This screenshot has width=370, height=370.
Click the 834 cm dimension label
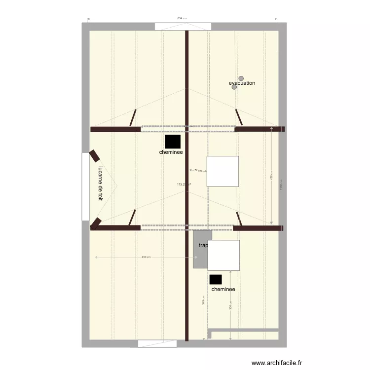tap(182, 18)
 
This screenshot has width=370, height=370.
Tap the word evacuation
tap(242, 83)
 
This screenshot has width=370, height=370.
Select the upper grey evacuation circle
tap(241, 78)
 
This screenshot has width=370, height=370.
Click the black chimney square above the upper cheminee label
tap(173, 142)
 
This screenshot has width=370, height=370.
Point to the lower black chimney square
tap(216, 279)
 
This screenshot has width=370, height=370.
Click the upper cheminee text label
tap(171, 152)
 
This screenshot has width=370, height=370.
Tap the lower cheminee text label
tap(223, 290)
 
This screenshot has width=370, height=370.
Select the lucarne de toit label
tap(100, 183)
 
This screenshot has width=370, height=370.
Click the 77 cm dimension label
tap(198, 171)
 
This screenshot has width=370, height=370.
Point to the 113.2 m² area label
tap(184, 185)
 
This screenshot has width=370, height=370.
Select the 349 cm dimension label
tap(204, 300)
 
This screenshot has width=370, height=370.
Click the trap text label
tap(203, 245)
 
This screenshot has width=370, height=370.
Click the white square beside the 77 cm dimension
tap(222, 171)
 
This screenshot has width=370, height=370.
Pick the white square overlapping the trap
tap(224, 255)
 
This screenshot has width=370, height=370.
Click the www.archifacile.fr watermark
tap(277, 363)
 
